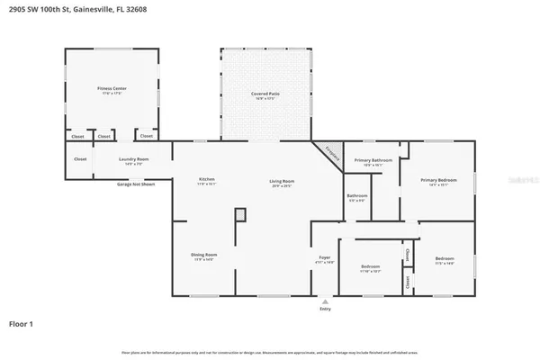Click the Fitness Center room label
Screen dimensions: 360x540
point(112,89)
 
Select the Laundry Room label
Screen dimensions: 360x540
point(134,160)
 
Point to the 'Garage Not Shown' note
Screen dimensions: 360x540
point(136,184)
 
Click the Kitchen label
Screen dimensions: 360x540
point(207,180)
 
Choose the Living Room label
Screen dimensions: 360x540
point(282,182)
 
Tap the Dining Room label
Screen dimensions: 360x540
point(203,256)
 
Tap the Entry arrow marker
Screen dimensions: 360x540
point(325,301)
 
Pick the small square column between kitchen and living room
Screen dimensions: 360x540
point(239,214)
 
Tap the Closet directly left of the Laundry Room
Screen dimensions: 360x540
point(80,158)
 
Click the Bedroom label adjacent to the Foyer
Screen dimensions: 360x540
point(371,266)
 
